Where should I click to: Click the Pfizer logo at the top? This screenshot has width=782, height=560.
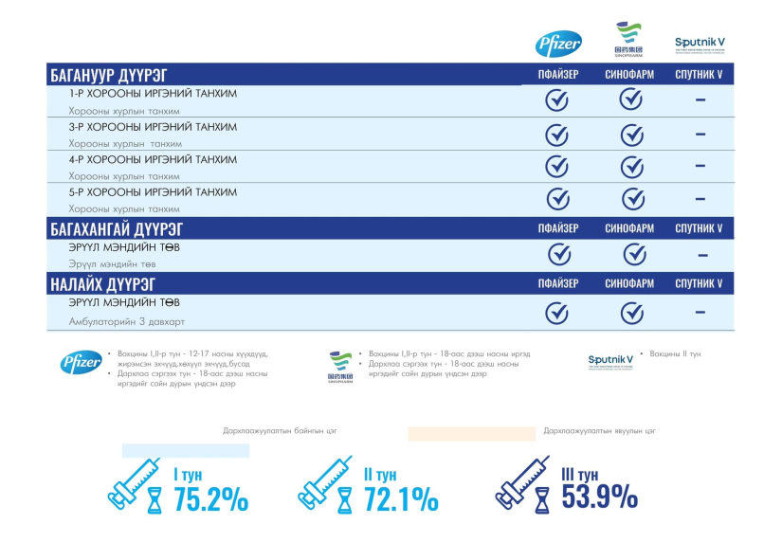[x=558, y=44]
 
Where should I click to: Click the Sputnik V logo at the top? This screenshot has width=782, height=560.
[x=700, y=44]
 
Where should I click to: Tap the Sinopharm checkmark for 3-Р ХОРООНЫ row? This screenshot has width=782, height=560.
[x=631, y=135]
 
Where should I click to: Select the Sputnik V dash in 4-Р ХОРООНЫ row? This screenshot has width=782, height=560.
[x=700, y=166]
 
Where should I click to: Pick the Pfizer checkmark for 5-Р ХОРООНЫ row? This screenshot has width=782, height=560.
[x=556, y=199]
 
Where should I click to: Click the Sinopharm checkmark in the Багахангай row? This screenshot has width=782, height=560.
[x=634, y=254]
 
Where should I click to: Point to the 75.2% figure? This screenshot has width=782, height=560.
[x=210, y=498]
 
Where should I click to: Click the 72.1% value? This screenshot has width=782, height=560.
[x=400, y=498]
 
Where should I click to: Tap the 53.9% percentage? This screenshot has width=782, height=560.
[x=599, y=496]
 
